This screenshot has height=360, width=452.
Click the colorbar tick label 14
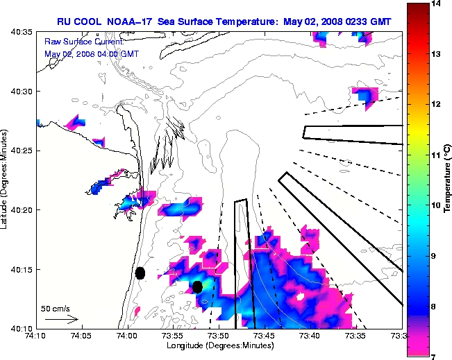click(x=435, y=4)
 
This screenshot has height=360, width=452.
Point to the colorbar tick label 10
click(x=435, y=205)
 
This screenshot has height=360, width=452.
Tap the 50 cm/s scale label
click(x=56, y=308)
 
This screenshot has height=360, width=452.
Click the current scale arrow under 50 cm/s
click(x=61, y=319)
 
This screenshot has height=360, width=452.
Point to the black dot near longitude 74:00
click(x=140, y=273)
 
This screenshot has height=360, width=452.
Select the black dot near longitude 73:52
click(x=198, y=286)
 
